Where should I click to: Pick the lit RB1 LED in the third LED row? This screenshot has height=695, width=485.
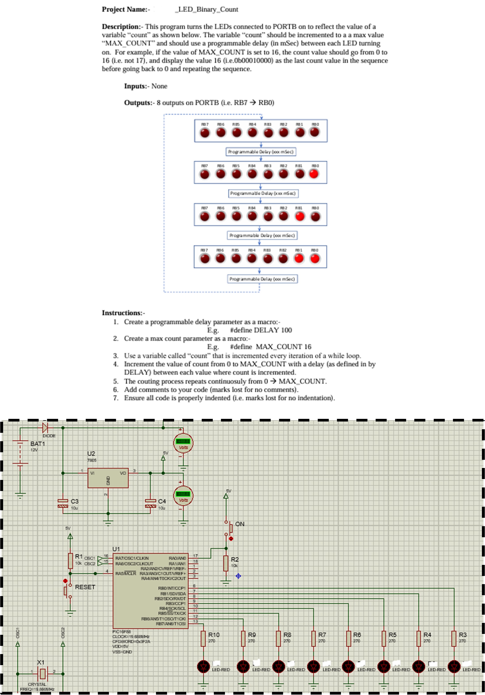300,216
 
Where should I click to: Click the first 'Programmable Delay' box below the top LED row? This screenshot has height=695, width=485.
261,152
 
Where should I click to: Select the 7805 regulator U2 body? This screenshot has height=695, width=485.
108,478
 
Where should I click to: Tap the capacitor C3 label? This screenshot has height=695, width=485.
74,501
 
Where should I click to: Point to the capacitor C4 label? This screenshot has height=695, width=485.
162,501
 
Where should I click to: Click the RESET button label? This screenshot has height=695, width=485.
85,587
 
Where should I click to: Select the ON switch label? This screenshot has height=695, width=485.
240,524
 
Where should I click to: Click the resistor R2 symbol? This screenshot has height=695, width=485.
226,563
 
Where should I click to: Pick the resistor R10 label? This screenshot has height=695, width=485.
214,635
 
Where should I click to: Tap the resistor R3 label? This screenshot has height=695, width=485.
463,635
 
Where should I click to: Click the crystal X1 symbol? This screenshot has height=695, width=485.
43,674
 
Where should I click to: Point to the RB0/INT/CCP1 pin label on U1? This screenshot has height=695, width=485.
172,588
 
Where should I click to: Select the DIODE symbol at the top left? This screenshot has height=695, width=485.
45,428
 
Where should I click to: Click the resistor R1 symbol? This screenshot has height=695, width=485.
70,561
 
